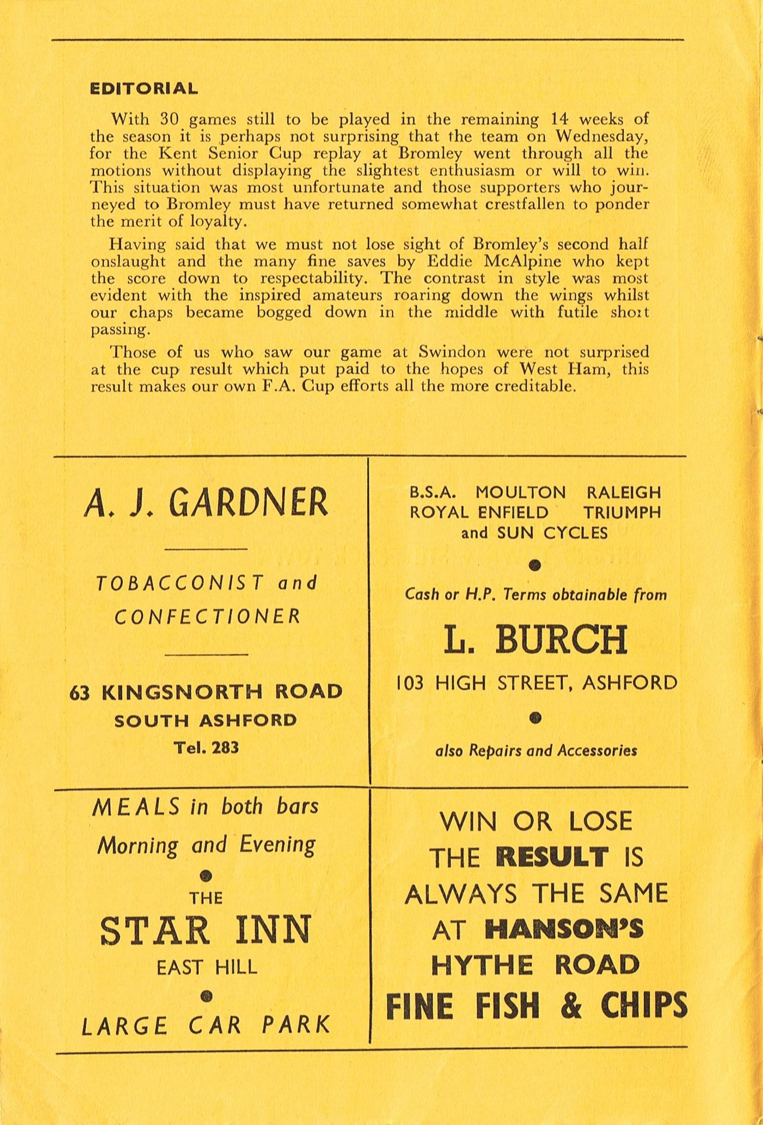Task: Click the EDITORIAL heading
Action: [x=144, y=89]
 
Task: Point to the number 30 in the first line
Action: [x=169, y=119]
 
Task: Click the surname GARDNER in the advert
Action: [x=249, y=503]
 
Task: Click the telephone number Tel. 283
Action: [x=206, y=747]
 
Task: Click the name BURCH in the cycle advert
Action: [x=562, y=640]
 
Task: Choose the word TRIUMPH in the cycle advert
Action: [x=622, y=512]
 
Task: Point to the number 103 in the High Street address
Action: [x=410, y=682]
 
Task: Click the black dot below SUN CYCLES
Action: [x=535, y=565]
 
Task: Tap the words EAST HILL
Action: [x=207, y=967]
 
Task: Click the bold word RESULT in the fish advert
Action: [x=552, y=858]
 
